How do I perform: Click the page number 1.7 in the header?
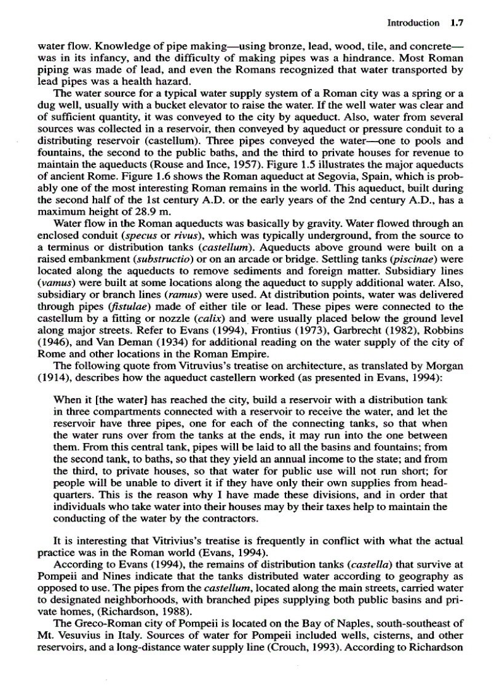[456, 23]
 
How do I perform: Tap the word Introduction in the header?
[413, 23]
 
